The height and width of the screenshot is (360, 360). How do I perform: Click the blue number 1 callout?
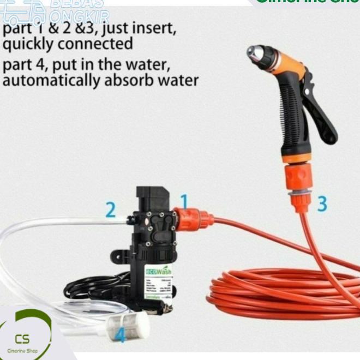point(184,201)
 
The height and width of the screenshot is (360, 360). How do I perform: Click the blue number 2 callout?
point(111,210)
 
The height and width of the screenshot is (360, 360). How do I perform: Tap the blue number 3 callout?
point(322,203)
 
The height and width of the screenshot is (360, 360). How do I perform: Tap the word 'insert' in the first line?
point(150,26)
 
